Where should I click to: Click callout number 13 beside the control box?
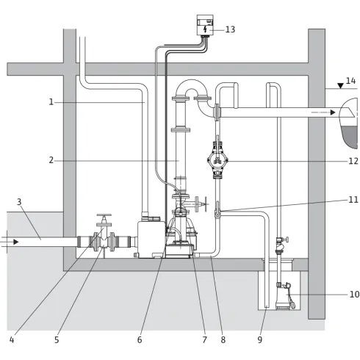tap(230, 29)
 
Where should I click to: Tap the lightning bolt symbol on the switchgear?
tap(205, 29)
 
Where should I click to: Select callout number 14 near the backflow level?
tap(350, 81)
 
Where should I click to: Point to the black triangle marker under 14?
tap(340, 86)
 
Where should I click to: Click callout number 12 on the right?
tap(353, 161)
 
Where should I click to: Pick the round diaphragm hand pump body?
tap(217, 160)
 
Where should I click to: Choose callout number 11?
tap(353, 200)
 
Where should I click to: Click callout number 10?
tap(354, 294)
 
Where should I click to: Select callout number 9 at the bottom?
tap(260, 339)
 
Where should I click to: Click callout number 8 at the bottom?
tap(223, 339)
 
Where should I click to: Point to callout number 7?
tap(205, 339)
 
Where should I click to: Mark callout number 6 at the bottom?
tap(140, 339)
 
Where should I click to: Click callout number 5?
tap(57, 339)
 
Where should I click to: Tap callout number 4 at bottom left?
tap(12, 339)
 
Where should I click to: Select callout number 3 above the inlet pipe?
tap(19, 202)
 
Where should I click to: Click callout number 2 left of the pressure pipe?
tap(51, 160)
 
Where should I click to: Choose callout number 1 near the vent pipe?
tap(51, 101)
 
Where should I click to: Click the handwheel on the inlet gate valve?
tap(104, 215)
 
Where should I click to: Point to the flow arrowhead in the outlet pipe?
tap(333, 112)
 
